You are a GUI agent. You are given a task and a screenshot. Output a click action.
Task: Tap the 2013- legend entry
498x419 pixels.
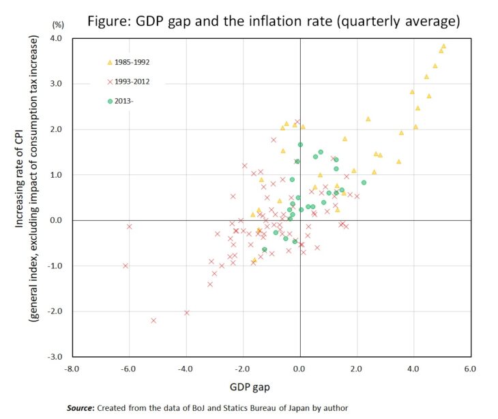coord(126,102)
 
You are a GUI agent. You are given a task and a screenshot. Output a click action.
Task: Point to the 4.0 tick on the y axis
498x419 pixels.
coord(56,39)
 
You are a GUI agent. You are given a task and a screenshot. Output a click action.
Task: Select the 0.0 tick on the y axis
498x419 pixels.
coord(56,220)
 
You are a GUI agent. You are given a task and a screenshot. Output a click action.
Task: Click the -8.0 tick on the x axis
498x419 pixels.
coord(72,369)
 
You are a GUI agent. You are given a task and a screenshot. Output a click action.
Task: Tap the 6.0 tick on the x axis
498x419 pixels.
coord(470,369)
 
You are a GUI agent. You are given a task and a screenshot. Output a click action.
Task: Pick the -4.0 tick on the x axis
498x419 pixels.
coord(185,369)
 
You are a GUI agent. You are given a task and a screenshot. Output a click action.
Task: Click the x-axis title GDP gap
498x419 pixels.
coord(270,387)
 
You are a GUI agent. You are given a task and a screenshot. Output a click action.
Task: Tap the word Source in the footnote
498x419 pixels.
coord(80,408)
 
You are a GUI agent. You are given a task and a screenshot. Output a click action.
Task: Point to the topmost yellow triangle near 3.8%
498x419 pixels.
coord(443,46)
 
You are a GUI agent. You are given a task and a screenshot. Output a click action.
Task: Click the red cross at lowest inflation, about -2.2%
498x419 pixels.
coord(153,320)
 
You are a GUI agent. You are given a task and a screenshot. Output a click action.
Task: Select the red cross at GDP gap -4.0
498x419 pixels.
coord(186,313)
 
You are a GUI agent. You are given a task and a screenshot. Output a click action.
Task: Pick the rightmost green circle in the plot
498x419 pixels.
coord(364,183)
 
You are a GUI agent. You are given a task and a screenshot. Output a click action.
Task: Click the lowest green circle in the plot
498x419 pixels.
coord(264,249)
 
